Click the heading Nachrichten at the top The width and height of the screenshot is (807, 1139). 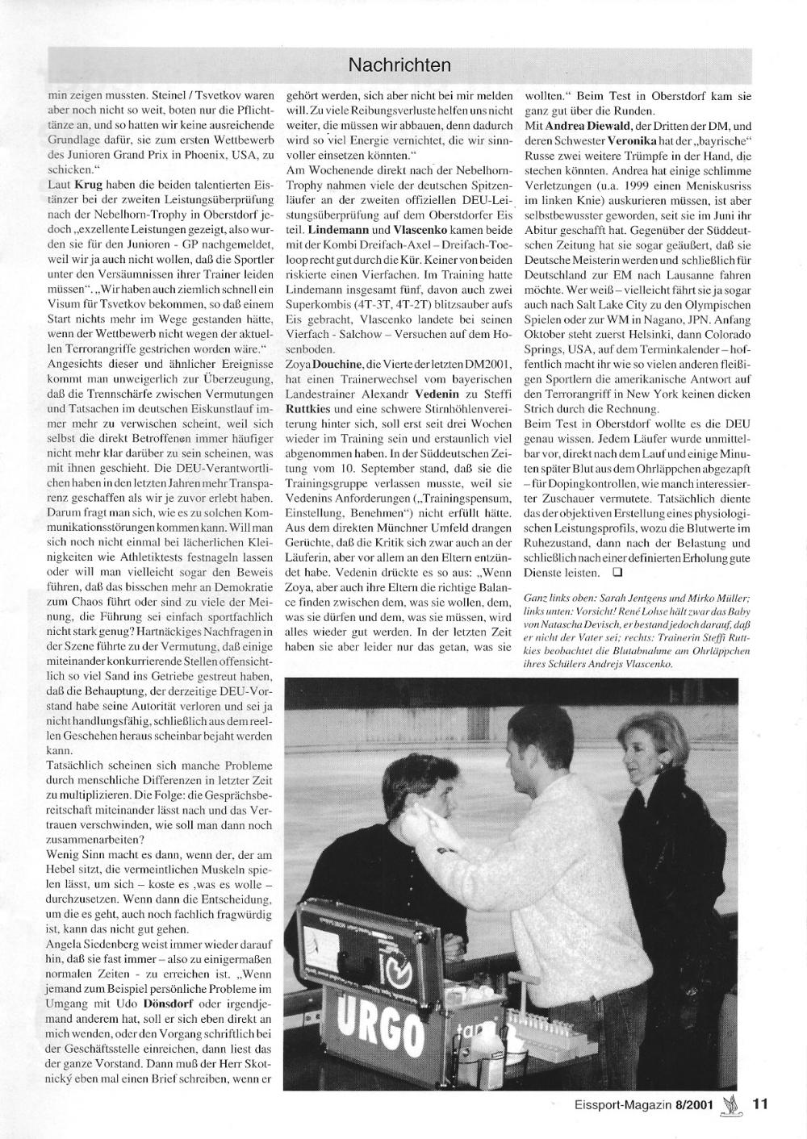399,64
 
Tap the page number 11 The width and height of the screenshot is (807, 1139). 760,1106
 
